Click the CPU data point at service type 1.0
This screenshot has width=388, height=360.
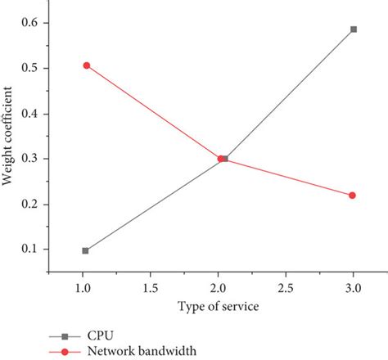pos(85,251)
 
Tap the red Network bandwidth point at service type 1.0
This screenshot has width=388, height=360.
pos(85,65)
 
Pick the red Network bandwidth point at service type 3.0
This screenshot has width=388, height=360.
pos(352,196)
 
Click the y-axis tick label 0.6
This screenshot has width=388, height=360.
pos(29,23)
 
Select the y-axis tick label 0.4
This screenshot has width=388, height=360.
pos(29,114)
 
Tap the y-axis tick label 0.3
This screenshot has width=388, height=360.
pos(29,159)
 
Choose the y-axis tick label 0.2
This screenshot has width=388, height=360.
pos(29,204)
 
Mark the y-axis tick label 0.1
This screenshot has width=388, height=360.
pos(29,250)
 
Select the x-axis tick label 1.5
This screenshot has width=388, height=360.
pos(151,289)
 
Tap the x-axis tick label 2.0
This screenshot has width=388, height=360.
pos(218,289)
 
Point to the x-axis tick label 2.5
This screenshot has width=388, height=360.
pos(285,289)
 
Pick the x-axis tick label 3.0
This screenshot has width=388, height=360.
pos(352,289)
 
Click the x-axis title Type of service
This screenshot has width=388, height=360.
pos(218,306)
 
